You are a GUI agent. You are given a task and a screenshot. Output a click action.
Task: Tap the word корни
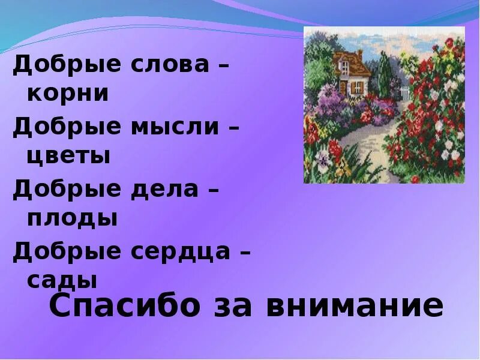[68, 94]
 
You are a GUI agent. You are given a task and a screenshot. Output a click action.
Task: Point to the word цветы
[68, 156]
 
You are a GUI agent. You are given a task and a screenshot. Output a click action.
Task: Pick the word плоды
[72, 218]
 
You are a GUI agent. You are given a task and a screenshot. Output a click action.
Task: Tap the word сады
[62, 280]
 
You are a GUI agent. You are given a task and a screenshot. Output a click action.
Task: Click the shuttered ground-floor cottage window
[358, 87]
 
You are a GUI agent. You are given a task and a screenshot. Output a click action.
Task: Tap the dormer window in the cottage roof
[345, 62]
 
